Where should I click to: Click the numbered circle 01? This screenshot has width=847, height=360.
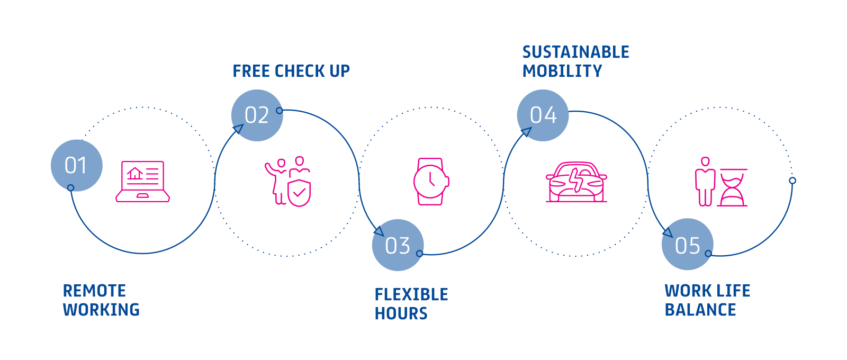click(76, 165)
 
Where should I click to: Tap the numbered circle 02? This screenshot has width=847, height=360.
click(257, 115)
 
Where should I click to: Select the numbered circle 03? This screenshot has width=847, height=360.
click(398, 245)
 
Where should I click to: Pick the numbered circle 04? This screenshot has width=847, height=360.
click(543, 115)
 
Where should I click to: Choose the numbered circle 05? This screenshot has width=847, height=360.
click(687, 245)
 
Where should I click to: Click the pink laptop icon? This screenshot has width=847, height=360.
click(142, 182)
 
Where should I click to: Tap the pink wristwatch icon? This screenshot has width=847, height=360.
click(431, 182)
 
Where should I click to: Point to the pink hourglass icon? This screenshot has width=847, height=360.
click(733, 187)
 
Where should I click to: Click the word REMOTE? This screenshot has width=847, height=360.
click(94, 291)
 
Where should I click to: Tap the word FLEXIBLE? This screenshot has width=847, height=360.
click(411, 294)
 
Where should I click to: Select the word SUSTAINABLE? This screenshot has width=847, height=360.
click(575, 52)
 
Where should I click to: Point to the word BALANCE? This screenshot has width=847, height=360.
click(700, 310)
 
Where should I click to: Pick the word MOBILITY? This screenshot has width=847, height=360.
click(562, 71)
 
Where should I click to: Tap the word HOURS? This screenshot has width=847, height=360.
click(401, 313)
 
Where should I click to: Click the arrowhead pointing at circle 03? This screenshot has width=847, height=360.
click(379, 231)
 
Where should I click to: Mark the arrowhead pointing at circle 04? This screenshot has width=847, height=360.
click(526, 131)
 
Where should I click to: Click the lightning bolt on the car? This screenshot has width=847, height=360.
click(576, 180)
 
